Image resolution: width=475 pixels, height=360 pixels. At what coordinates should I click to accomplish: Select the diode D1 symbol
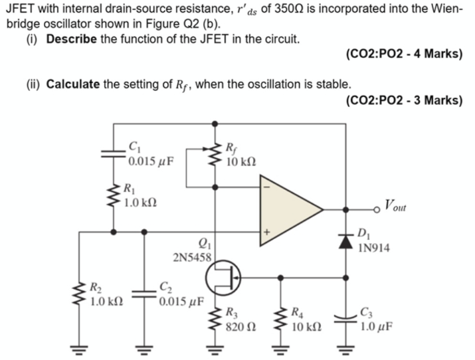(347, 240)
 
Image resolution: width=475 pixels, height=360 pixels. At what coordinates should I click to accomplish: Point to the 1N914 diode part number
(374, 250)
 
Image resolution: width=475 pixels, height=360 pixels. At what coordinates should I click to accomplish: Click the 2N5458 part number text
(191, 256)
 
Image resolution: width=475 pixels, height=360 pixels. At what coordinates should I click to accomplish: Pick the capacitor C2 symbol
(144, 294)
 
